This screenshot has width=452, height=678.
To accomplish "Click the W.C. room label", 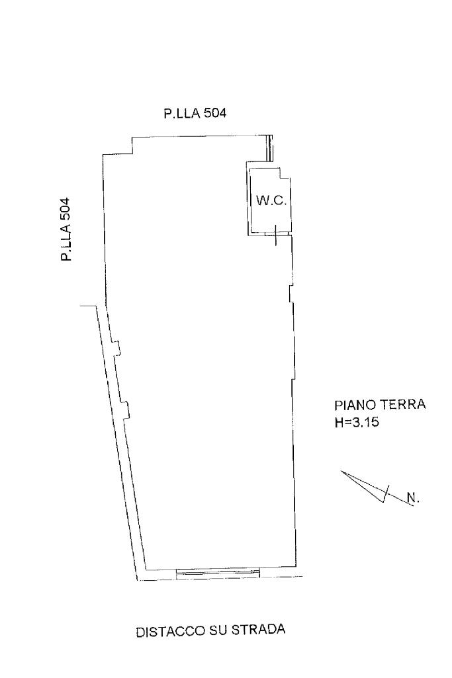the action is tap(271, 200).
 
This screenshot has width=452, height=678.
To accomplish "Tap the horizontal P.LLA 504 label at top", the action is tap(195, 113).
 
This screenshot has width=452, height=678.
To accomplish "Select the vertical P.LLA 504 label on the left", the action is tap(66, 230).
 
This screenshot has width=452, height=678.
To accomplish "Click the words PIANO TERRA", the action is tap(374, 405).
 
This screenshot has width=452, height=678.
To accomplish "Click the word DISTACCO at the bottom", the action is tap(168, 632).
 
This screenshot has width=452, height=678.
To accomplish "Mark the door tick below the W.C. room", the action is tap(276, 235).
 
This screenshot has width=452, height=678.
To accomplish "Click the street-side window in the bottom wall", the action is tap(218, 572).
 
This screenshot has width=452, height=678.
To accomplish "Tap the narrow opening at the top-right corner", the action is tap(269, 148).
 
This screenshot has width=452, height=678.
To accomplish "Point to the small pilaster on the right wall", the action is tap(291, 293).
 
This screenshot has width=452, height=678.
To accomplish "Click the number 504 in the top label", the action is tap(214, 113).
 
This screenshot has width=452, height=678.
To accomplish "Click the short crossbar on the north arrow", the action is tap(386, 493).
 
